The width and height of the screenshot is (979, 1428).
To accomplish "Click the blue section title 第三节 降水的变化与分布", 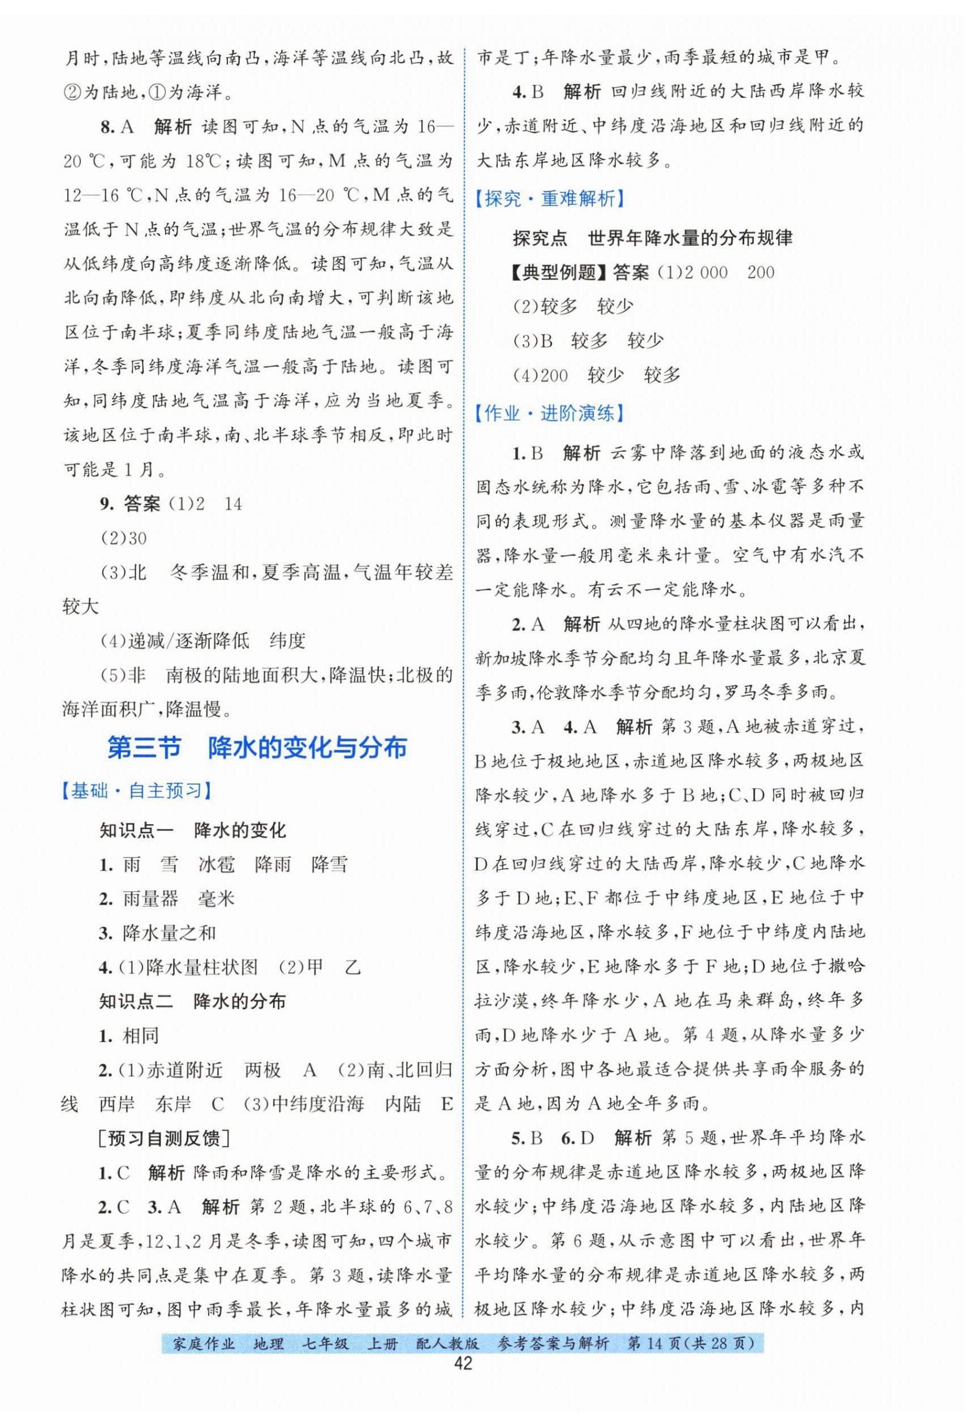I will pyautogui.click(x=257, y=748).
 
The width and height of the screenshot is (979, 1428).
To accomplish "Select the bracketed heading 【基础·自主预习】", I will pyautogui.click(x=137, y=791).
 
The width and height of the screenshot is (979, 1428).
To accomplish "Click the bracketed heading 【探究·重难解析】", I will pyautogui.click(x=550, y=199).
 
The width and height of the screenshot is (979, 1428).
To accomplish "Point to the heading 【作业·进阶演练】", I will pyautogui.click(x=550, y=414).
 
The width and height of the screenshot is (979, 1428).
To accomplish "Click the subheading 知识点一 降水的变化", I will pyautogui.click(x=193, y=831).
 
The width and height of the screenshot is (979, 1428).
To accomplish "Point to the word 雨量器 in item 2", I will pyautogui.click(x=150, y=899).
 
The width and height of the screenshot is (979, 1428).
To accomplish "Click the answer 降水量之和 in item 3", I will pyautogui.click(x=170, y=933).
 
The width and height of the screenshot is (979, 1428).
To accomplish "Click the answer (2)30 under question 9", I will pyautogui.click(x=123, y=538).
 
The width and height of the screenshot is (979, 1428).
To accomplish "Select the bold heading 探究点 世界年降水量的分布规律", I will pyautogui.click(x=652, y=238).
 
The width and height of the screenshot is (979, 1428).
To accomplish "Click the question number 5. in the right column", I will pyautogui.click(x=520, y=1138).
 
